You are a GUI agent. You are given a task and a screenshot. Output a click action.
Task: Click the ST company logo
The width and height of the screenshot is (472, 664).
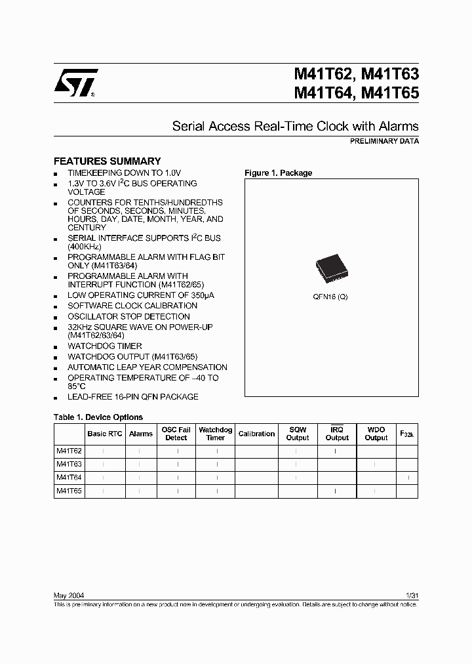[x=75, y=84]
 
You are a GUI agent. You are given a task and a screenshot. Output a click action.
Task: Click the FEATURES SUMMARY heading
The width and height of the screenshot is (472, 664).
[x=107, y=161]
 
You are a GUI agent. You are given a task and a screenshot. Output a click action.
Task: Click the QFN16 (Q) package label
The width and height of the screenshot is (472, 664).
[x=330, y=297]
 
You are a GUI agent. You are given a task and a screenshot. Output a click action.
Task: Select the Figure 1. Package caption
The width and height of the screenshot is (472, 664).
[x=278, y=173]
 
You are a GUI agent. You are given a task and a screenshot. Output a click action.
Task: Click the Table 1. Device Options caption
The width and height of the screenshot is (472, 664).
[x=98, y=417]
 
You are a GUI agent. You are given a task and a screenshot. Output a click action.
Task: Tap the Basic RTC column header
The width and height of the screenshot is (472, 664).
[x=105, y=434]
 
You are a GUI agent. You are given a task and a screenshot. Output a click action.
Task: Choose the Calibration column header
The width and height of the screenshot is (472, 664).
[x=256, y=434]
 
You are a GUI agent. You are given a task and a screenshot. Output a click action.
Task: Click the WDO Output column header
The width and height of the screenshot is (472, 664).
[x=376, y=434]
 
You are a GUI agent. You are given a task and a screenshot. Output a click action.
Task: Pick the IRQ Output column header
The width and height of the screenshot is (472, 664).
[x=337, y=434]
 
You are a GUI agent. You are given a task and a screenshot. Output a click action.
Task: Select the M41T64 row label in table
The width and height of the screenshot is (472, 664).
[x=69, y=478]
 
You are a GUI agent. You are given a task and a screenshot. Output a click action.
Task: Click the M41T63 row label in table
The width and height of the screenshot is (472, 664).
[x=69, y=465]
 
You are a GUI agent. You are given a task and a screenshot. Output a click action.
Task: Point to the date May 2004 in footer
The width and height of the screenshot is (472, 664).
[x=68, y=595]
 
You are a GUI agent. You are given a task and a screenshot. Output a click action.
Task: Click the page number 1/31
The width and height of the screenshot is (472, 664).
[x=412, y=595]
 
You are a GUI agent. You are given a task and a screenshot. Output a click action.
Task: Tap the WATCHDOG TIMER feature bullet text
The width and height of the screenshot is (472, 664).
[x=105, y=346]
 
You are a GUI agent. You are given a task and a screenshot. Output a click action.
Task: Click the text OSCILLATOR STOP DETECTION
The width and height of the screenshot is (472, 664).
[x=128, y=316]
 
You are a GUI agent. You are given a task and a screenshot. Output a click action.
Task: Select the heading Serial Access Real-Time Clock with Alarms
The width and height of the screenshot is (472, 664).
[x=295, y=126]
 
